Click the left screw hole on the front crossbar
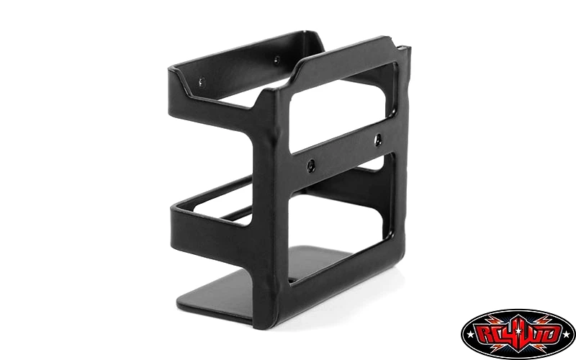click(311, 166)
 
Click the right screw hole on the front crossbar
click(377, 140)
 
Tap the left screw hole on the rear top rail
click(202, 82)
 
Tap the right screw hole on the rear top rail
click(276, 59)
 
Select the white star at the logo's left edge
click(468, 334)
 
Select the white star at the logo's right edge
click(568, 334)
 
